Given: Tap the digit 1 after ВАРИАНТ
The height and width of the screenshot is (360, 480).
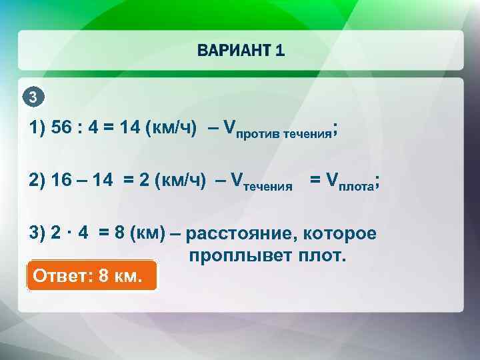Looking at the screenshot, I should tap(280, 51).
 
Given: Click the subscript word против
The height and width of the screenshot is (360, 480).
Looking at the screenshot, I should tap(258, 133).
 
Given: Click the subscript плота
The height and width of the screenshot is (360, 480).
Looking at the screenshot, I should tap(357, 187).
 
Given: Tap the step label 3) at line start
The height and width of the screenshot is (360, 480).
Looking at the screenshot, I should tap(37, 234).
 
